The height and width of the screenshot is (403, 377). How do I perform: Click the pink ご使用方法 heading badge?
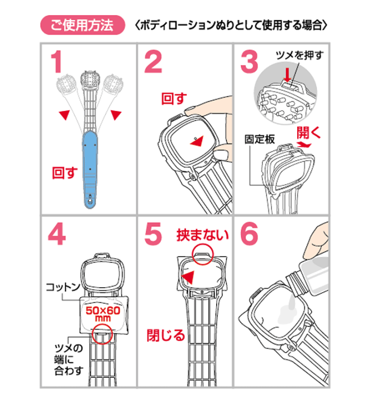pyautogui.click(x=83, y=25)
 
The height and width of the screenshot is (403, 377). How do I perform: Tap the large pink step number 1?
pyautogui.click(x=56, y=62)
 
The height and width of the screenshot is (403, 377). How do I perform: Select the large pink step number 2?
pyautogui.click(x=153, y=62)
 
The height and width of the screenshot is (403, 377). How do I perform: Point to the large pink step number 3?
pyautogui.click(x=249, y=62)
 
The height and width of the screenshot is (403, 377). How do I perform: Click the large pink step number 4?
pyautogui.click(x=56, y=233)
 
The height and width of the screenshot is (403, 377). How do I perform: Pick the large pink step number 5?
pyautogui.click(x=153, y=234)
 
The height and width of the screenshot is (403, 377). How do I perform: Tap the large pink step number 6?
pyautogui.click(x=249, y=234)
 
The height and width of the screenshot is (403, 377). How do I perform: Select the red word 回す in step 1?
pyautogui.click(x=65, y=173)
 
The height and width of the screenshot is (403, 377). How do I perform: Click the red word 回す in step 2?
pyautogui.click(x=174, y=99)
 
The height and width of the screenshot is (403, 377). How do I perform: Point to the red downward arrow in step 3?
pyautogui.click(x=288, y=75)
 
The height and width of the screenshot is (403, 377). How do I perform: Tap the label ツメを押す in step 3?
pyautogui.click(x=299, y=55)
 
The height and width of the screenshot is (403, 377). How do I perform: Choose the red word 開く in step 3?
pyautogui.click(x=309, y=132)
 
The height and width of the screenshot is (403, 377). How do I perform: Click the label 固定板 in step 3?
pyautogui.click(x=260, y=139)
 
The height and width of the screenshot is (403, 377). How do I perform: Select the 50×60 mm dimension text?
pyautogui.click(x=103, y=314)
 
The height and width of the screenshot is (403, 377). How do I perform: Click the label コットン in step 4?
pyautogui.click(x=63, y=287)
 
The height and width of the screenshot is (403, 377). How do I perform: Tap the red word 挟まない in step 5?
pyautogui.click(x=203, y=235)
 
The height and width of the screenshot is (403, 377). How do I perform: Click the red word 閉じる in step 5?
pyautogui.click(x=166, y=335)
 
